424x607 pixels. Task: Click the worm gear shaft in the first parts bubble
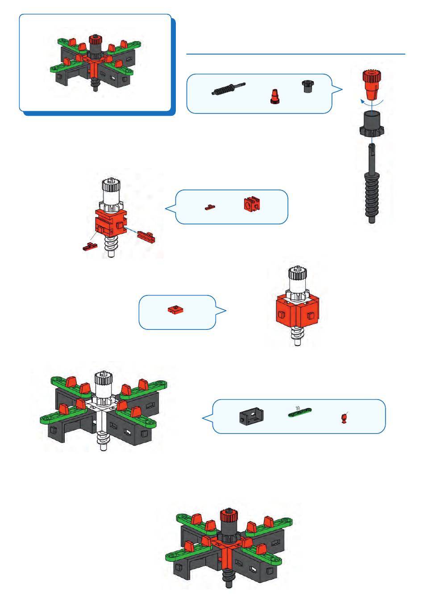pos(229,89)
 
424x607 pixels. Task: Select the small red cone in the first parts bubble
pos(274,97)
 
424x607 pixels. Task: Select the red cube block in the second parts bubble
pos(252,203)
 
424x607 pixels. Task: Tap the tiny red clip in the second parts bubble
pos(210,207)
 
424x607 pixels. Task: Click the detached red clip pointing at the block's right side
pos(146,236)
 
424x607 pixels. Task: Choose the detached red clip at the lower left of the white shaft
pos(90,247)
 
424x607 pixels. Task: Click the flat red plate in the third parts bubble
pos(175,309)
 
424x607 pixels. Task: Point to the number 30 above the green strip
pos(298,408)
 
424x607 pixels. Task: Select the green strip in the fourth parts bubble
pos(300,413)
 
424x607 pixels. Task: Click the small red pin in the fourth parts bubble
pos(345,417)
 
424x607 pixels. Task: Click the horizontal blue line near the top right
pos(296,54)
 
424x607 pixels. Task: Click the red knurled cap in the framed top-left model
pos(95,40)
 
